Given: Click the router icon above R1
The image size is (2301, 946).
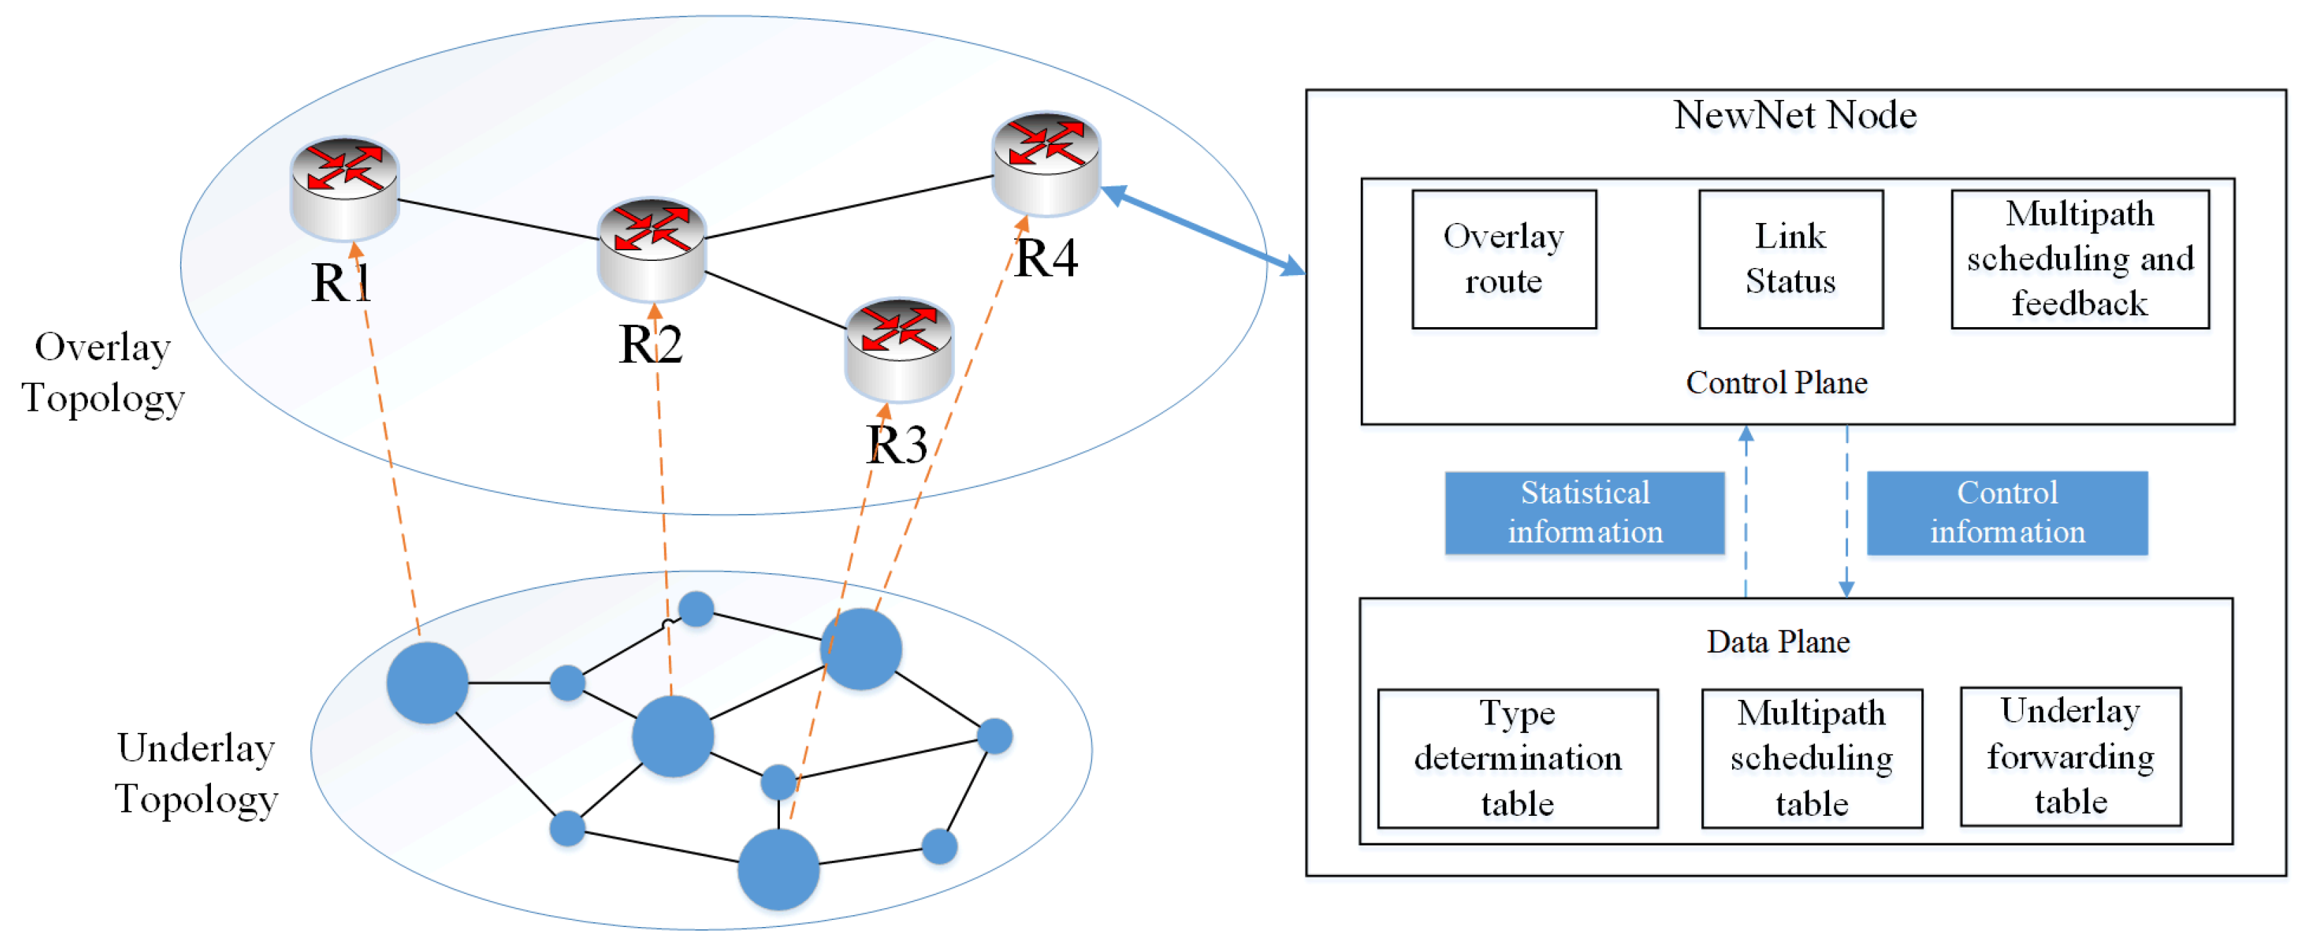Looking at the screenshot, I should coord(344,188).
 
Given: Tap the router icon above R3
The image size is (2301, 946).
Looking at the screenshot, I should coord(899,350).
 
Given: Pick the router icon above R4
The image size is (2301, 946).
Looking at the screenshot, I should coord(1046,162).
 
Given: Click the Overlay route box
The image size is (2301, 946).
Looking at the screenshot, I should coord(1504,259).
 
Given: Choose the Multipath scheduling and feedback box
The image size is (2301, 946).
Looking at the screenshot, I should coord(2079,259).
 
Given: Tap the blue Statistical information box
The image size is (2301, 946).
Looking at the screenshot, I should coord(1584,513).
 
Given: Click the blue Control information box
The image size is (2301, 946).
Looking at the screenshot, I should coord(2006,513).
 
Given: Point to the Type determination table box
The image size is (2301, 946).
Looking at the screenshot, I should coord(1517,758).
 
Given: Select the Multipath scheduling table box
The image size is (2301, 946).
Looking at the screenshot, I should coord(1811,758).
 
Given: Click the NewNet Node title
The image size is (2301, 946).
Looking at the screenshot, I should coord(1795,115).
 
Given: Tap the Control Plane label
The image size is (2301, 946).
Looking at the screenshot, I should coord(1776,383).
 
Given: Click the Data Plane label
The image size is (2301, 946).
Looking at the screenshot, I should coord(1778,641).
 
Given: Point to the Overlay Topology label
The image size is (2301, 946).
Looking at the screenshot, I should coord(103,373).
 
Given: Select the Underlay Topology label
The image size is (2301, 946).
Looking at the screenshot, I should coord(196,773).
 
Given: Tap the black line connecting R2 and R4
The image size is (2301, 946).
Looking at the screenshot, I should coord(849,207).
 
